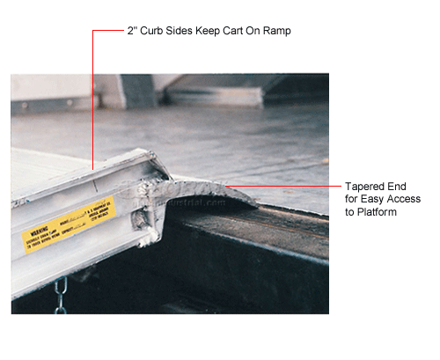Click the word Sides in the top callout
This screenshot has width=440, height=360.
coord(183,31)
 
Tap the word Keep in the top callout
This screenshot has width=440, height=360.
coord(208,31)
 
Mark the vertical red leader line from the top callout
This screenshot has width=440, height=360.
coord(93,97)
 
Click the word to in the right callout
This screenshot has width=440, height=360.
coord(354,212)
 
